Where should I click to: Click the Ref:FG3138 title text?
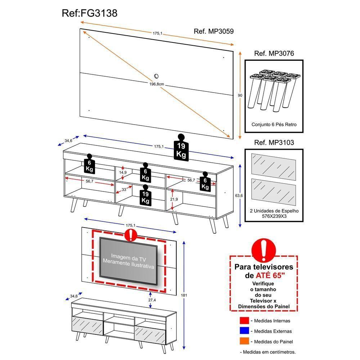pyautogui.click(x=90, y=13)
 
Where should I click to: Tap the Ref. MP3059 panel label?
pyautogui.click(x=213, y=31)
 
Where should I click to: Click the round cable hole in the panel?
pyautogui.click(x=157, y=76)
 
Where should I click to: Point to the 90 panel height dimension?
pyautogui.click(x=240, y=95)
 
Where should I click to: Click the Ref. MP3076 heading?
pyautogui.click(x=274, y=54)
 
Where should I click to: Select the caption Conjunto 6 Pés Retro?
pyautogui.click(x=274, y=124)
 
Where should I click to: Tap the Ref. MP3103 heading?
pyautogui.click(x=274, y=143)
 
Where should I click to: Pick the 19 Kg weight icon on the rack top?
pyautogui.click(x=181, y=148)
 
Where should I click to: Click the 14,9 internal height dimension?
pyautogui.click(x=123, y=173)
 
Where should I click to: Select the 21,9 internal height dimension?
pyautogui.click(x=174, y=199)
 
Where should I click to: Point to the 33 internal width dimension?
pyautogui.click(x=124, y=189)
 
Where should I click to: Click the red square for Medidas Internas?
pyautogui.click(x=244, y=320)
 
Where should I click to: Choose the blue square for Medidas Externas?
pyautogui.click(x=244, y=331)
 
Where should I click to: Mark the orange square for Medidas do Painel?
pyautogui.click(x=244, y=341)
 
